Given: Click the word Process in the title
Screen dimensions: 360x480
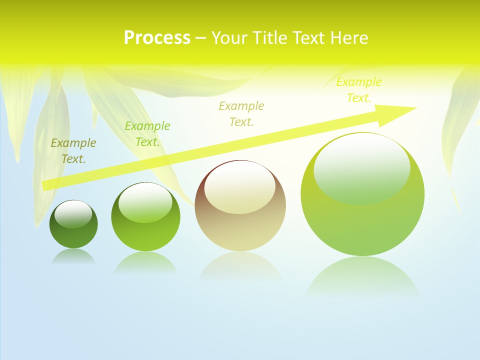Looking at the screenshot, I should [157, 38].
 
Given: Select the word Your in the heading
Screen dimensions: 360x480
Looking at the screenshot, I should [229, 38].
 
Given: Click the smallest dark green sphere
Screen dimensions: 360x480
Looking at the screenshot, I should [73, 224].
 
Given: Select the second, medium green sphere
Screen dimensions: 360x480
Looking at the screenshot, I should [145, 217].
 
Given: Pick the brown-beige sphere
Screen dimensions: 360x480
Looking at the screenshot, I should [240, 206].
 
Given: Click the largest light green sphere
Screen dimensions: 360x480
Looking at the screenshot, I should [362, 194].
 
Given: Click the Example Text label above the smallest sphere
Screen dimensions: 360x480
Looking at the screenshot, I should [73, 151].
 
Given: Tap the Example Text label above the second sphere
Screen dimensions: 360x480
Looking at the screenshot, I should [147, 134].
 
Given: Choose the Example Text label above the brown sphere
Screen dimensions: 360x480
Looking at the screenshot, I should [241, 113].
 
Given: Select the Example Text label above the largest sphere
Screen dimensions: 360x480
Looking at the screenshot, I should [359, 90].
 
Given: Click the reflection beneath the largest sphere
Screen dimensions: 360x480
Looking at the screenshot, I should [362, 277].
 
